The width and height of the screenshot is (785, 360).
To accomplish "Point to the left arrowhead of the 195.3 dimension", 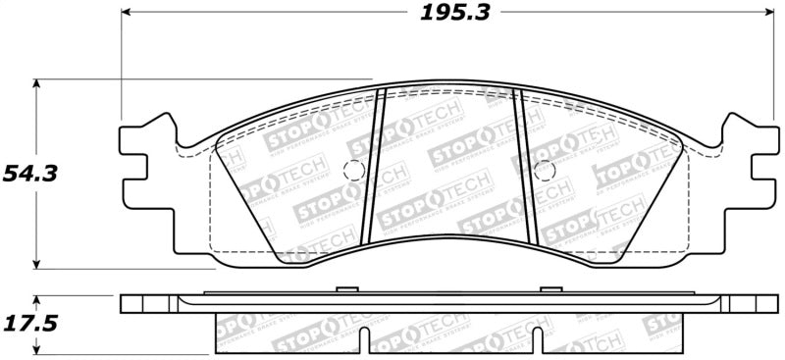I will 125,14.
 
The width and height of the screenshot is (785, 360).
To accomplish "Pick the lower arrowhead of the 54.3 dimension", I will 37,262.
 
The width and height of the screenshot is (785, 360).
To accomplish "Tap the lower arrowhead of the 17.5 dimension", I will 37,348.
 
